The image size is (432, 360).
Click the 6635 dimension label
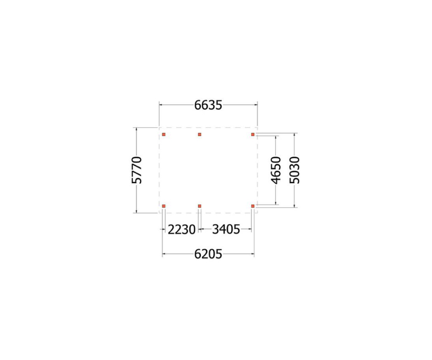208,105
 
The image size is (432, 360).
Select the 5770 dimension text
137,170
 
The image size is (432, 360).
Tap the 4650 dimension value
276,170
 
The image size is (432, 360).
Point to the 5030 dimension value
294,170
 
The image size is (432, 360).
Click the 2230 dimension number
181,229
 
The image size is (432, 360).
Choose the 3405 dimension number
226,229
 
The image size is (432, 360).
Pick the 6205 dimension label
208,254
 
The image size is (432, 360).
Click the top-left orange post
164,134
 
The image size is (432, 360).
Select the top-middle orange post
200,134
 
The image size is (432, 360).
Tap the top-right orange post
253,134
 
